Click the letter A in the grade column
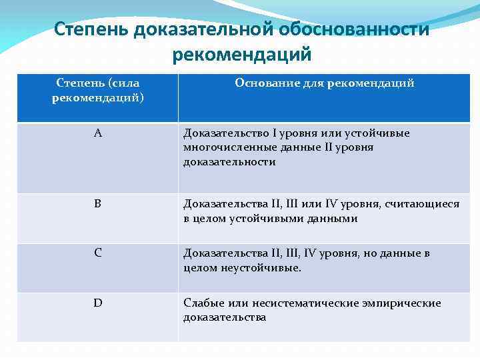97,133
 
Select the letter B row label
97,204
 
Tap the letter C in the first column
97,253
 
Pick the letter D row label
97,303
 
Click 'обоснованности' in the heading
349,29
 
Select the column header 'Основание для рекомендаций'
324,83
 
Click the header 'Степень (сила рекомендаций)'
97,90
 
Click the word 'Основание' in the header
261,83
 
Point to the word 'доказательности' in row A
229,162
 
